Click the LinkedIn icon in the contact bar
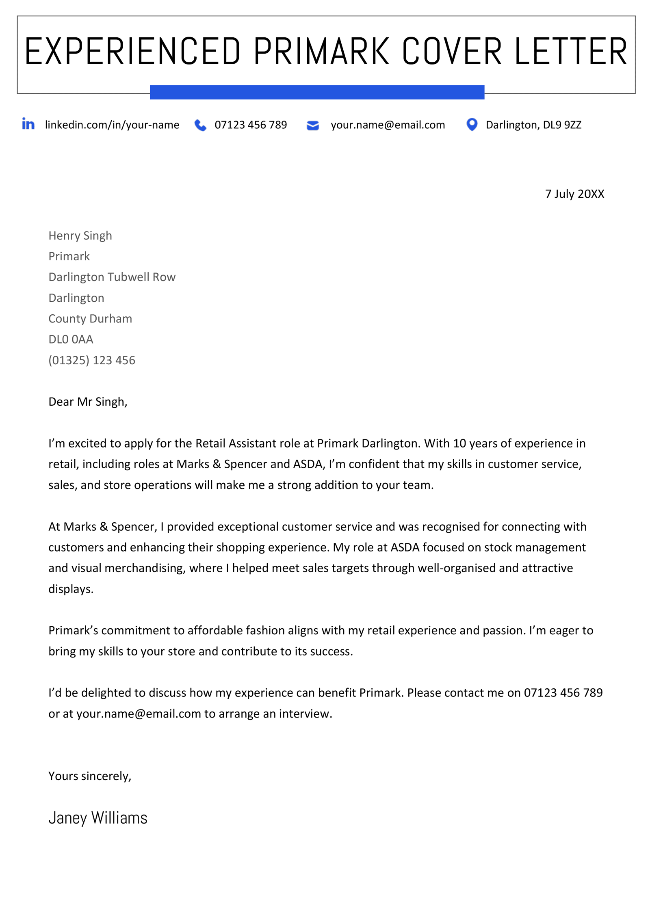[x=28, y=124]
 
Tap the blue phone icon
[x=200, y=125]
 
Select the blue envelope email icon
[x=312, y=125]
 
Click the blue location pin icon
[x=472, y=124]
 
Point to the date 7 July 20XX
[x=574, y=194]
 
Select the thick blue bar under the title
[x=317, y=92]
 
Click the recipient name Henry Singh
[x=80, y=236]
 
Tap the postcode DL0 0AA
[x=71, y=339]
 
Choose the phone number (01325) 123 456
[x=92, y=360]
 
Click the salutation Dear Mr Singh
[x=88, y=402]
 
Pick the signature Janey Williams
[x=98, y=817]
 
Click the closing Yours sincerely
[x=90, y=776]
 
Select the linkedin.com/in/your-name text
[x=112, y=125]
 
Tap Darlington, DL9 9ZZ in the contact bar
[x=533, y=125]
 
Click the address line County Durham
[x=90, y=318]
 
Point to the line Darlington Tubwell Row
[x=112, y=277]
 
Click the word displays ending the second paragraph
[x=70, y=589]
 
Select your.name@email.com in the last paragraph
[x=139, y=714]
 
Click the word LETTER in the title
[x=571, y=52]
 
